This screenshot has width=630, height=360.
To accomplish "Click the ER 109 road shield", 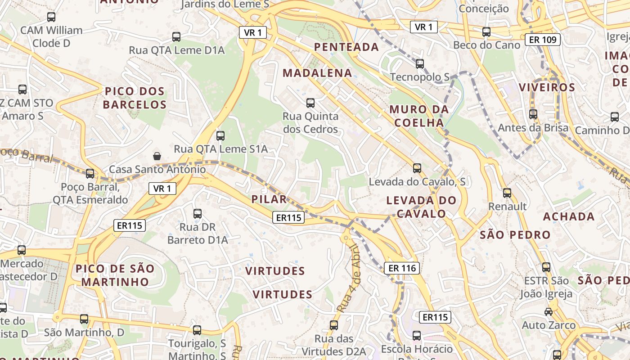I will (543, 40).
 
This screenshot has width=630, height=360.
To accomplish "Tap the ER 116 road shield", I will (402, 268).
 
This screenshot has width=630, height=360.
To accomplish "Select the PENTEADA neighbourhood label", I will (346, 47).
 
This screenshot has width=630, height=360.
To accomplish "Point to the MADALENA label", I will (317, 73).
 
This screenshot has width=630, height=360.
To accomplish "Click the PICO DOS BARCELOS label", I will (135, 98).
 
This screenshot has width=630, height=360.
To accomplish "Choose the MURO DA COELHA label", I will (419, 116).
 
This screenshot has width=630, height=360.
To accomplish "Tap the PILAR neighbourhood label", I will (269, 199).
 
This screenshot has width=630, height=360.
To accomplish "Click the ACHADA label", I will (569, 216).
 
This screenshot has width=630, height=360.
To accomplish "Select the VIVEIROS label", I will (547, 87).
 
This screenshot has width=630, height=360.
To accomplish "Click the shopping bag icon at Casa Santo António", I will (157, 156).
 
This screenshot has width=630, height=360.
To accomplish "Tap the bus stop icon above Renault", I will (507, 193).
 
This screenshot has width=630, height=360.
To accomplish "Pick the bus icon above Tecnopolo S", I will (420, 64).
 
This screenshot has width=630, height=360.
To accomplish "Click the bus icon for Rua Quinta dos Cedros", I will (310, 103).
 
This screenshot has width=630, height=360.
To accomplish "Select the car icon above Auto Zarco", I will (548, 311).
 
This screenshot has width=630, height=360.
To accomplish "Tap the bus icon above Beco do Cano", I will (486, 32).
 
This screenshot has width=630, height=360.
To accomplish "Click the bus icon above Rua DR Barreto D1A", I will (197, 214).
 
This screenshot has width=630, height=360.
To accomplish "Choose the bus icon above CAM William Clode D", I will (51, 17).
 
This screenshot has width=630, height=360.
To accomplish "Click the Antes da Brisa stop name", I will (533, 128).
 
